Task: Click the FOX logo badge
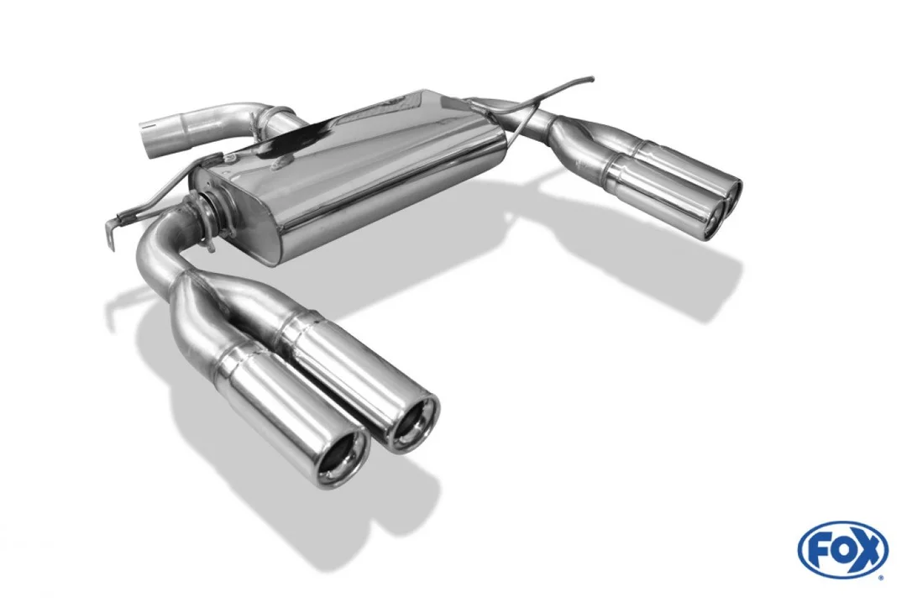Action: [x=843, y=550]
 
